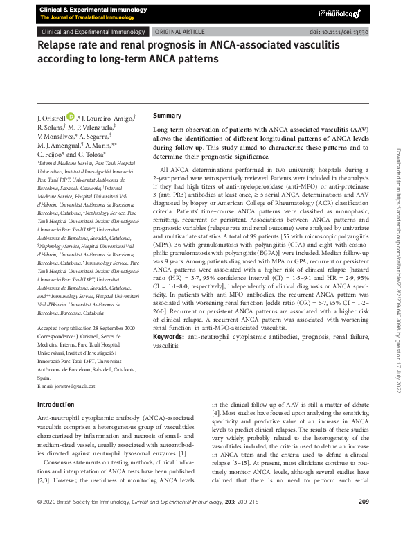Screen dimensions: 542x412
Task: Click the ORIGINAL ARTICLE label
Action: click(179, 32)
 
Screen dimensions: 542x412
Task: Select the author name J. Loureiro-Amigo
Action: click(106, 119)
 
